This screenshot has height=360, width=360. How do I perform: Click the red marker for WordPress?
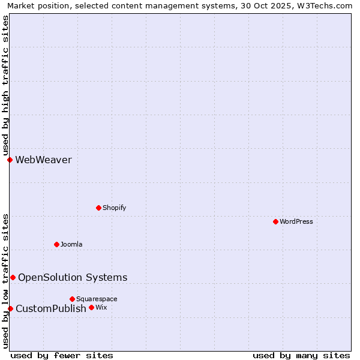[275, 221]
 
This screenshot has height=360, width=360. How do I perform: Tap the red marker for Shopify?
[98, 208]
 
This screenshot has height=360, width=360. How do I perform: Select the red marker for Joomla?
[56, 244]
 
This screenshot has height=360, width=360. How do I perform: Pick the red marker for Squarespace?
[72, 299]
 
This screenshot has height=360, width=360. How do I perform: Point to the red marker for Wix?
[91, 307]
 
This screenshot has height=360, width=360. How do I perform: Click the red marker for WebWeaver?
[10, 160]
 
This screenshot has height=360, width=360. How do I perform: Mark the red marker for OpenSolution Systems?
[13, 277]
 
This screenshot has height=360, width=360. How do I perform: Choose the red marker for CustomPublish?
[10, 308]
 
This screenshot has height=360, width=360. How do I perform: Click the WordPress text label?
[296, 222]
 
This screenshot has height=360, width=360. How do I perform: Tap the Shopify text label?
[114, 208]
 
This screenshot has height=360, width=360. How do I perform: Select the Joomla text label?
[71, 245]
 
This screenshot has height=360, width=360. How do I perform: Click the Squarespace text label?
[97, 299]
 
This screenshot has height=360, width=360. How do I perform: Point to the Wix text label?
[101, 308]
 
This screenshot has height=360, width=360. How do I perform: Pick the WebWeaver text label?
[43, 160]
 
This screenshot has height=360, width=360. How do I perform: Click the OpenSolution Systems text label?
[73, 278]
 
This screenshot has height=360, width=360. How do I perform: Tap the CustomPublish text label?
[51, 309]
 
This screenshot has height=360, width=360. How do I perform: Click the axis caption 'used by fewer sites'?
[62, 356]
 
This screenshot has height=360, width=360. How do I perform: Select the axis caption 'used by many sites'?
[301, 356]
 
